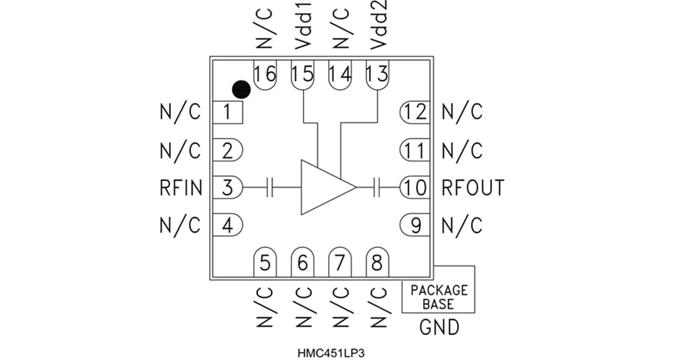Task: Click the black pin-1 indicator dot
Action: pyautogui.click(x=241, y=89)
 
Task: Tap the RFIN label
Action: pyautogui.click(x=181, y=188)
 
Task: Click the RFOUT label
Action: pyautogui.click(x=472, y=188)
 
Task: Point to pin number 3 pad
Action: pyautogui.click(x=228, y=188)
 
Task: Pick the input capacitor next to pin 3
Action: pyautogui.click(x=271, y=188)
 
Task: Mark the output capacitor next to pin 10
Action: pyautogui.click(x=378, y=188)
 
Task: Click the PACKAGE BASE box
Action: pyautogui.click(x=438, y=296)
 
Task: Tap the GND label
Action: pyautogui.click(x=439, y=327)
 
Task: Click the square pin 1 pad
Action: pyautogui.click(x=228, y=113)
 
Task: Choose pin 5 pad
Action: pyautogui.click(x=265, y=262)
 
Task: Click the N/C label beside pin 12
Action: pyautogui.click(x=462, y=113)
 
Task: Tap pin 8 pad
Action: pyautogui.click(x=377, y=262)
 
